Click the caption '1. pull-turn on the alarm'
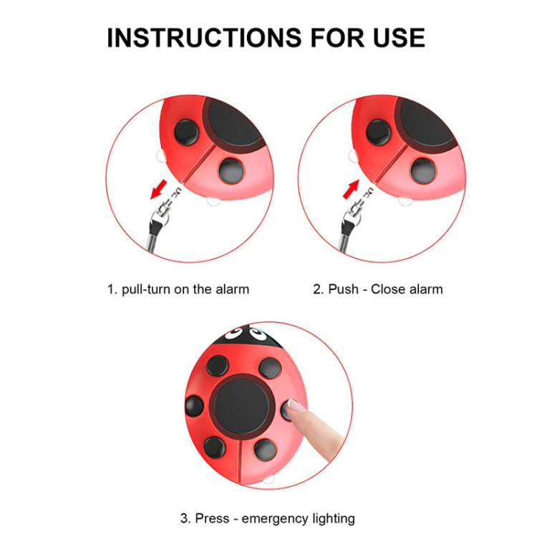[x=178, y=289]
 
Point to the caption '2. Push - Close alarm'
[x=378, y=289]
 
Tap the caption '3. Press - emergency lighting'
[x=267, y=518]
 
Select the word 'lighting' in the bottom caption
[x=330, y=518]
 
